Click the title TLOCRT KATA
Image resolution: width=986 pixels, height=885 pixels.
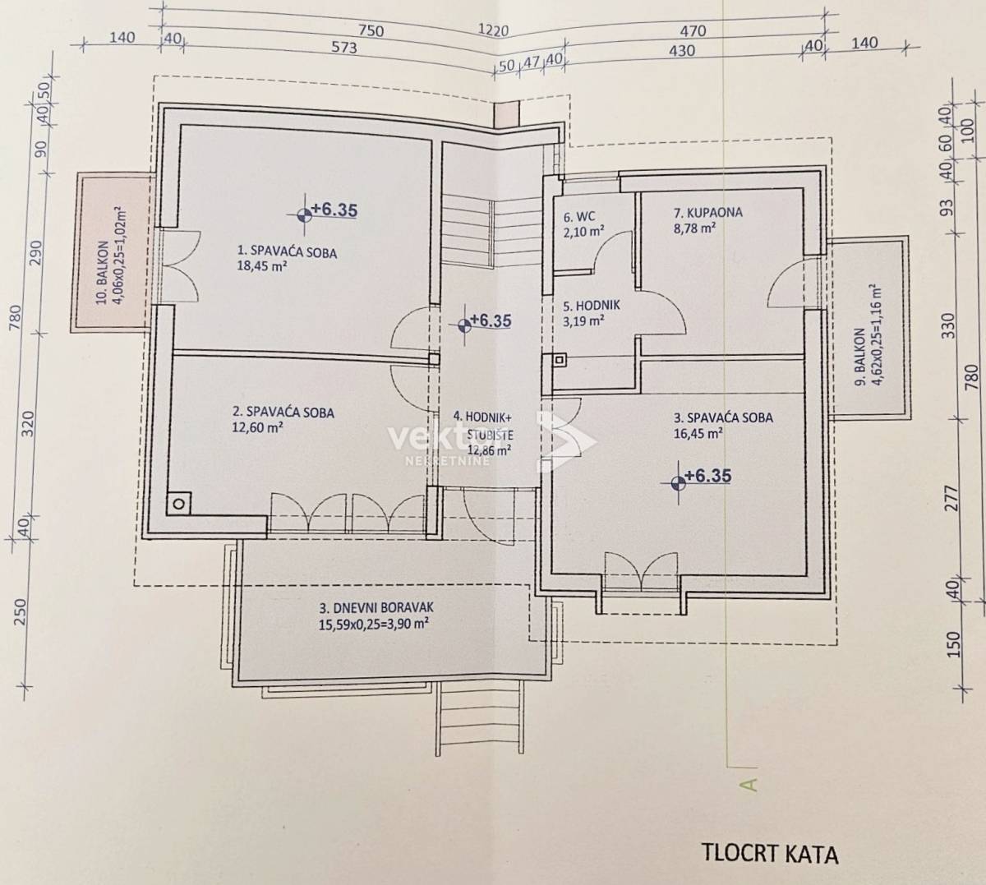point(771,853)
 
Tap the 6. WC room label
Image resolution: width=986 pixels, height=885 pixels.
point(579,216)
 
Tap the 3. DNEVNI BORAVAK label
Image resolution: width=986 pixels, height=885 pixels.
point(376,607)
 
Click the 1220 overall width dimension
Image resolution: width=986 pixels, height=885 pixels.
point(494,31)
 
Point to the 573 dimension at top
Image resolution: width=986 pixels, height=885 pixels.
point(344,48)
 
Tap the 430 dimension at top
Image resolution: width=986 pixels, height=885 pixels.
point(682,50)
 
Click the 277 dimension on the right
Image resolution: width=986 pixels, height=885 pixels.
point(953,497)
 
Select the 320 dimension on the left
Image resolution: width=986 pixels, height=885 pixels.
point(29,423)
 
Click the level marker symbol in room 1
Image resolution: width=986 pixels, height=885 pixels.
point(304,214)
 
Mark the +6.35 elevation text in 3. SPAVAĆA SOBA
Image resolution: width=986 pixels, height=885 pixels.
point(707,475)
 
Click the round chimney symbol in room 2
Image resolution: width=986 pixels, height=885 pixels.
point(178,504)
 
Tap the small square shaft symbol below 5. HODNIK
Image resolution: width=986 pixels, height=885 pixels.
point(560,360)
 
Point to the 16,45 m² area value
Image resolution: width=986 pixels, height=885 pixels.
point(698,433)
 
